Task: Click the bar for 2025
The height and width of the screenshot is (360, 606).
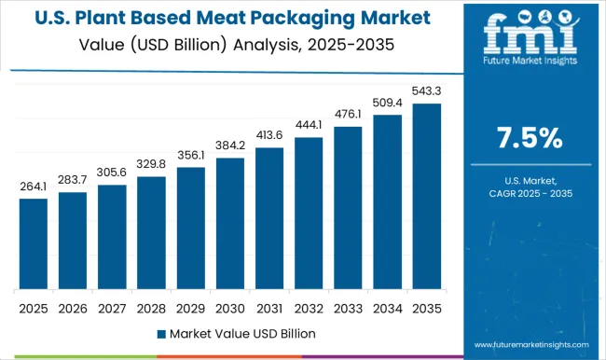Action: tap(33, 243)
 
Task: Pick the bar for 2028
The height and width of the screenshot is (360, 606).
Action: tap(151, 232)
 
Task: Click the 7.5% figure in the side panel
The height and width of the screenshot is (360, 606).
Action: tap(528, 138)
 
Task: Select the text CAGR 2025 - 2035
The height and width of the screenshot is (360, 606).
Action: tap(528, 193)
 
